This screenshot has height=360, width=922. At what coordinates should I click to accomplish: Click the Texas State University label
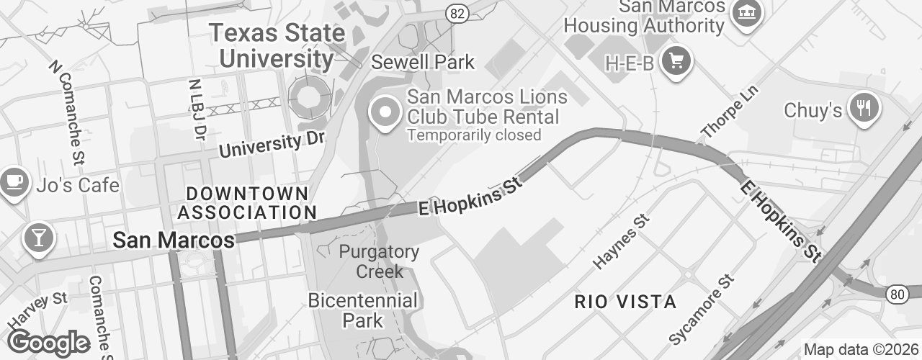(277, 45)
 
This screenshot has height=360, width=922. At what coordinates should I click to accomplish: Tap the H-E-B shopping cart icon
(676, 60)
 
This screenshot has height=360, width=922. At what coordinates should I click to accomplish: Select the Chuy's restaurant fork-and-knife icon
(864, 108)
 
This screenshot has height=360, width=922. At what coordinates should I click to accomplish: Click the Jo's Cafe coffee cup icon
(13, 182)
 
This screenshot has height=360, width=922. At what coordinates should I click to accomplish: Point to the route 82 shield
(456, 13)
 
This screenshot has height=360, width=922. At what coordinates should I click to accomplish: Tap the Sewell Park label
(423, 63)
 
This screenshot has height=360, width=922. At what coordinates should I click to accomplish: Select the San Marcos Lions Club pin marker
(385, 113)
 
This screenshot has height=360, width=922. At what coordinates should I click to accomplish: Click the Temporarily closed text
(473, 135)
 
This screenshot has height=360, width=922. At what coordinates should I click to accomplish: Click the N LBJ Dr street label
(197, 109)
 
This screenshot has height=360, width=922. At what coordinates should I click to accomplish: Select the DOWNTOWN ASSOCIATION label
(247, 203)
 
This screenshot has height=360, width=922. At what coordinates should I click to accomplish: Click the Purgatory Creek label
(379, 261)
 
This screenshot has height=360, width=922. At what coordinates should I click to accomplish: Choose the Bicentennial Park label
(362, 310)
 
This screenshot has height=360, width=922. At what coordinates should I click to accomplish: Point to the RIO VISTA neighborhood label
(626, 302)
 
